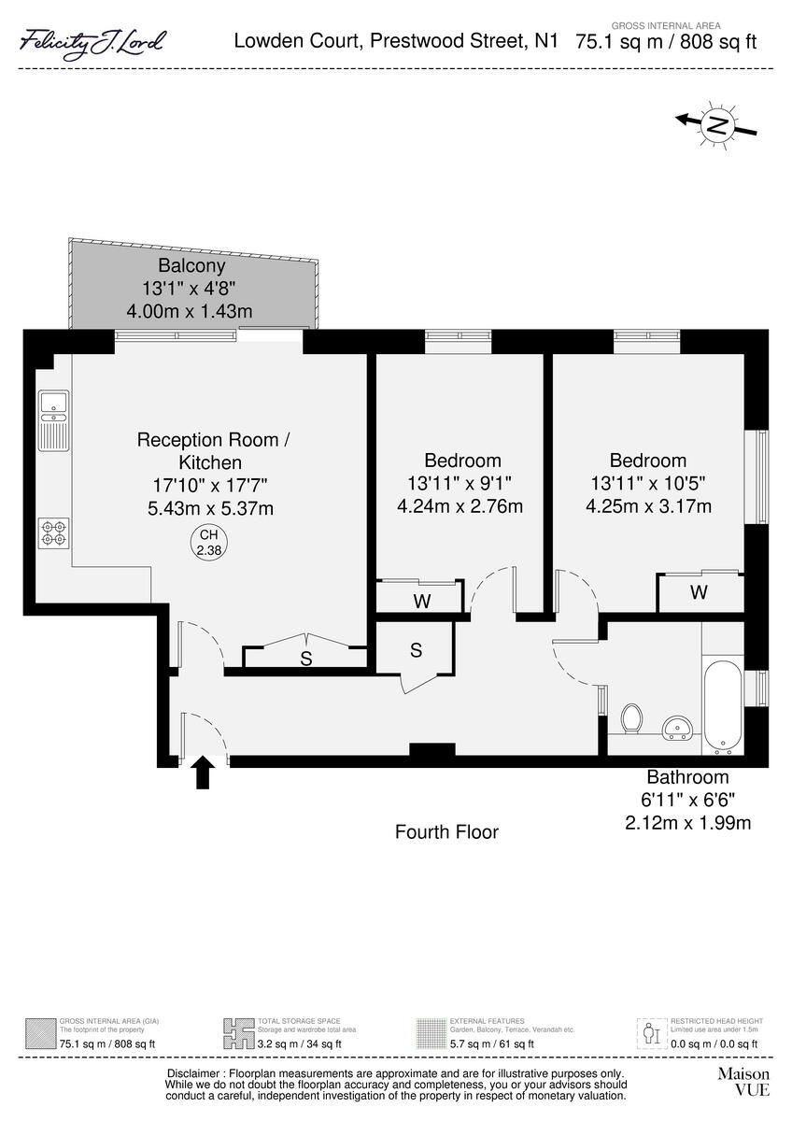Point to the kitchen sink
(x=53, y=404)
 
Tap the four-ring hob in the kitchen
(x=53, y=532)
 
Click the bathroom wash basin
(x=678, y=728)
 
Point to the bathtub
(x=723, y=708)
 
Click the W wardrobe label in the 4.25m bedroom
(x=698, y=592)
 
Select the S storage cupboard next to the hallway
(x=416, y=649)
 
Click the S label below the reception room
(x=305, y=659)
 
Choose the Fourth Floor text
(x=446, y=831)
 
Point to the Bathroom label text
(x=687, y=776)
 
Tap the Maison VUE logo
(x=743, y=1082)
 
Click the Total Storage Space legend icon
(x=238, y=1033)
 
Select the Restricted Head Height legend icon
(x=650, y=1033)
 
